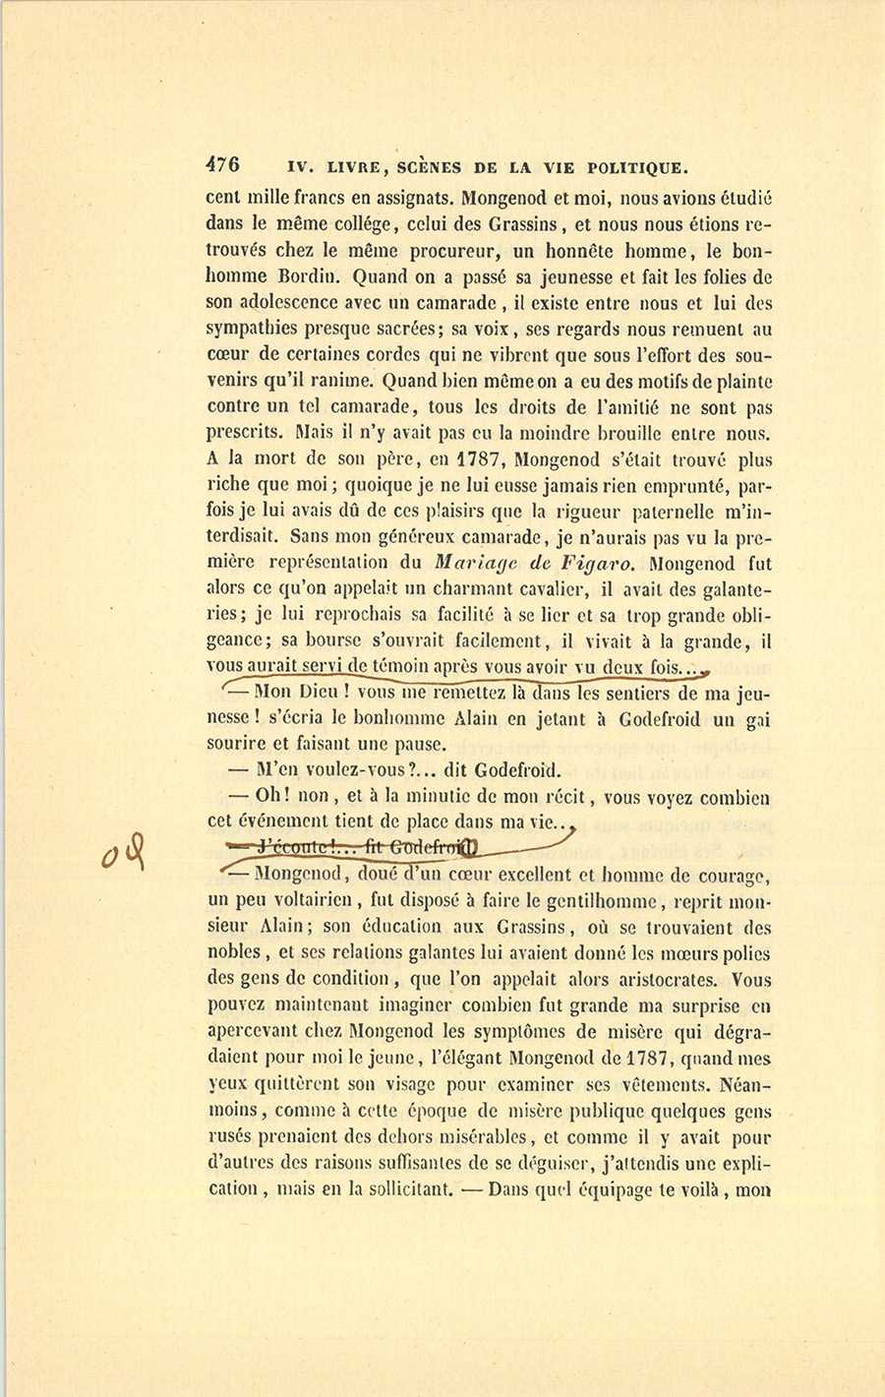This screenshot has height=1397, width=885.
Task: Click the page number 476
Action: [224, 165]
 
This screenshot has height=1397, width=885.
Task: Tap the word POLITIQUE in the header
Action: [640, 166]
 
